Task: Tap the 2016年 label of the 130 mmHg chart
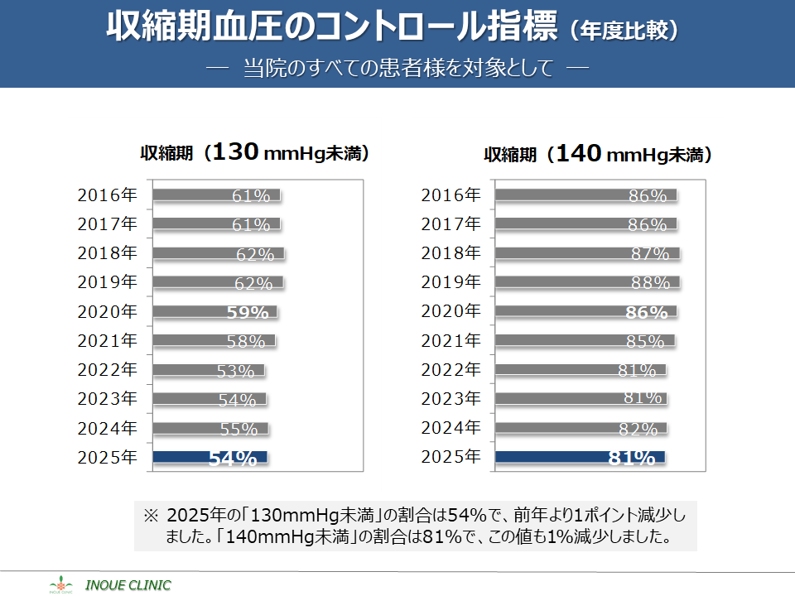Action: click(x=107, y=195)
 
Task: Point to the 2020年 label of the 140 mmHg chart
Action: click(x=450, y=311)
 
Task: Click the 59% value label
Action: click(x=248, y=313)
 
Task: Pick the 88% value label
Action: click(x=650, y=283)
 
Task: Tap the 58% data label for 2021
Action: click(x=246, y=342)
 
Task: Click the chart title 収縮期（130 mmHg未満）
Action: click(x=254, y=153)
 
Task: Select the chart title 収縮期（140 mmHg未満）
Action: click(x=599, y=154)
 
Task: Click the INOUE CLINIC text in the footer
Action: click(x=128, y=585)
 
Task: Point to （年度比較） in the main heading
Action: click(x=625, y=30)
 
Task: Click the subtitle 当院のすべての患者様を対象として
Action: click(x=397, y=68)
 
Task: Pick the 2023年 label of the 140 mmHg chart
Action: click(x=450, y=398)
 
